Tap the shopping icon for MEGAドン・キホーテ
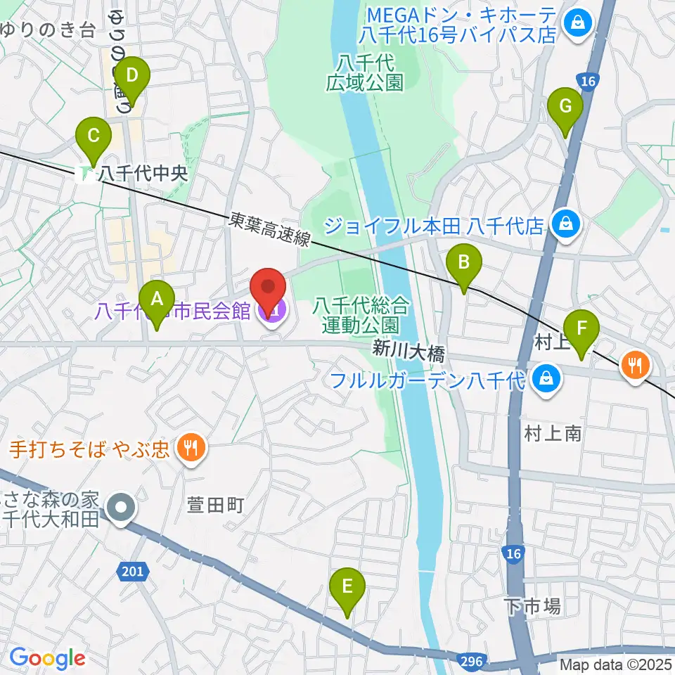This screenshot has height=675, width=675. click(577, 24)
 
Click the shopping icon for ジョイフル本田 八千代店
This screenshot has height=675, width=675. click(564, 225)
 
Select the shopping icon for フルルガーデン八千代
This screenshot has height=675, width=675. click(544, 380)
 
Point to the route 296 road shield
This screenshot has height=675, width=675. click(472, 661)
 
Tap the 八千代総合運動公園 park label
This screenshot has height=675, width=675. click(361, 314)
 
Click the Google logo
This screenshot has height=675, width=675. click(47, 658)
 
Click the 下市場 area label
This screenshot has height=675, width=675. click(532, 606)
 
